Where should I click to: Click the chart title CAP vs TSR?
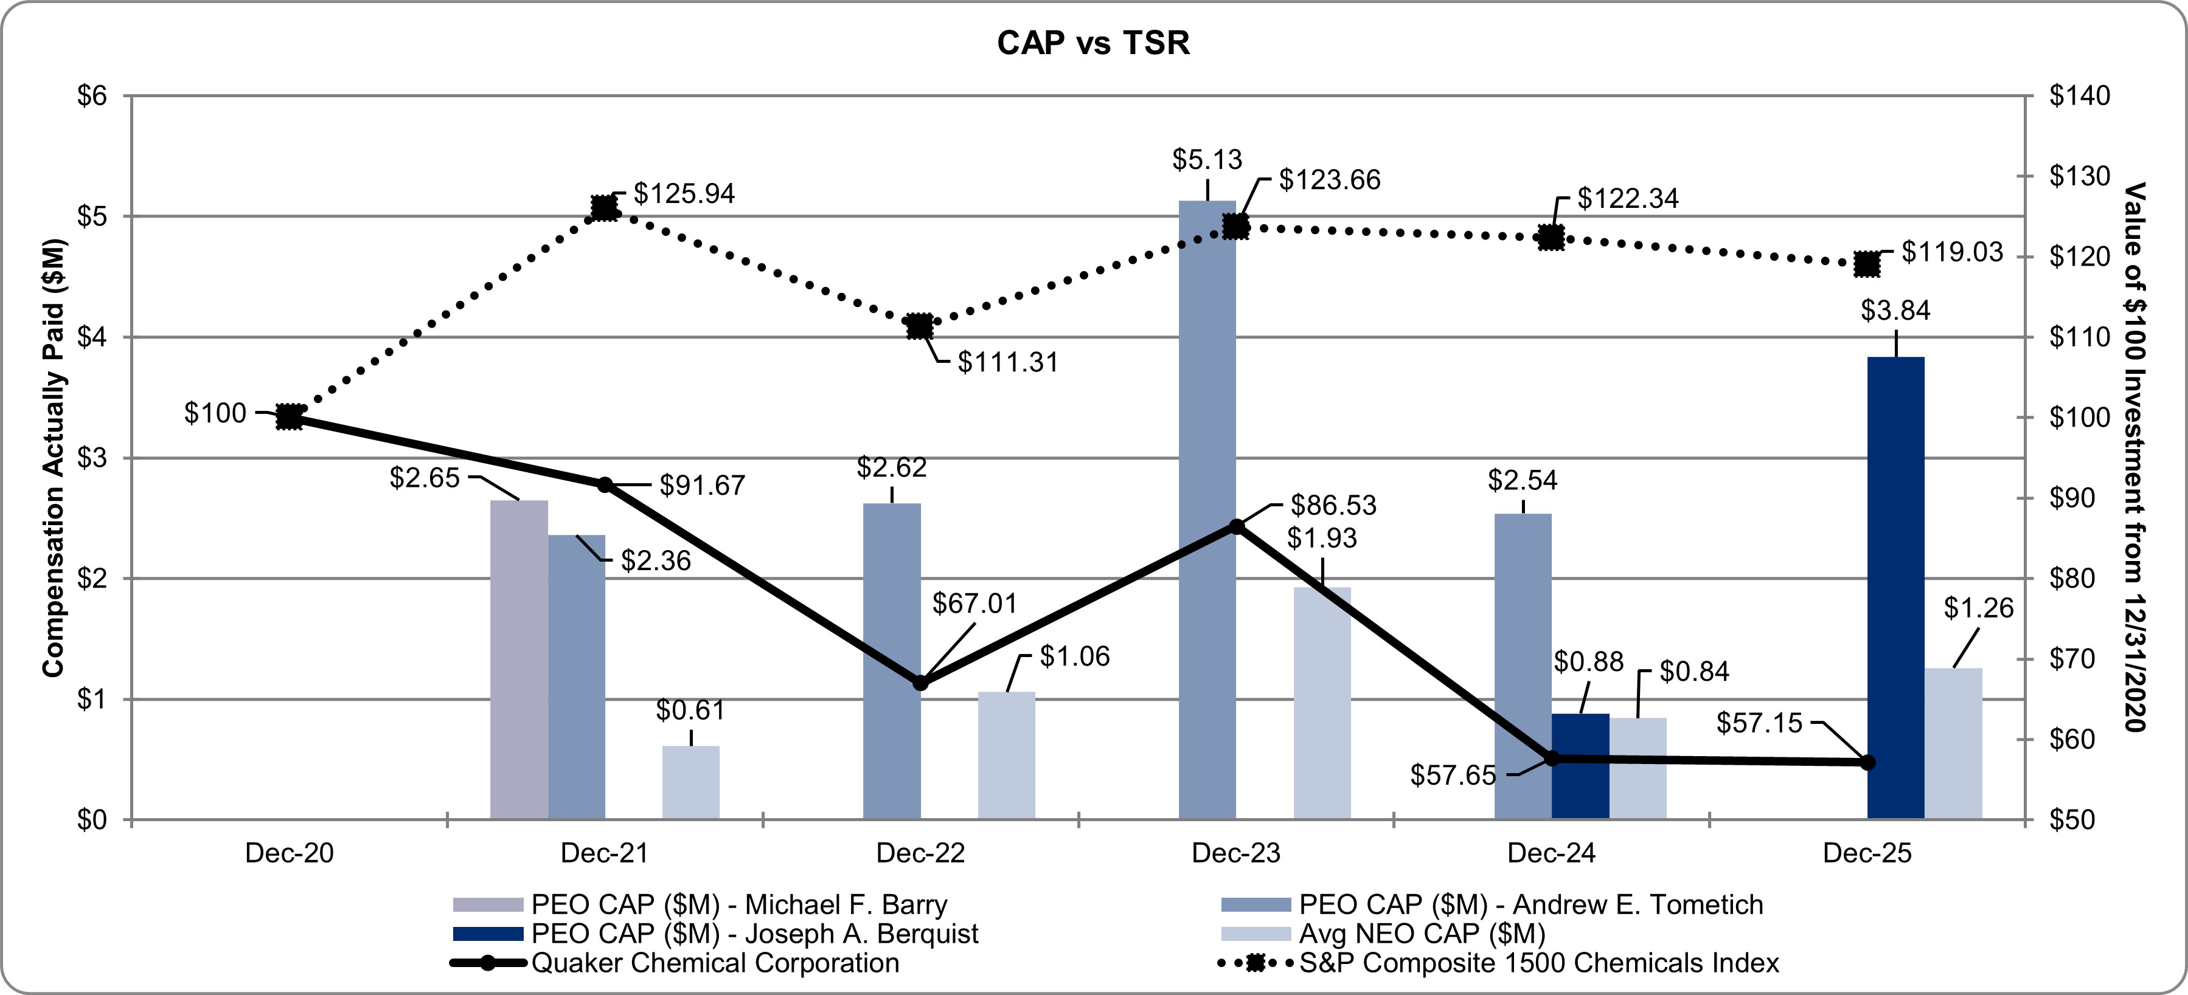point(1093,43)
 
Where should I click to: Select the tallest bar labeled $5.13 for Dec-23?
point(1207,509)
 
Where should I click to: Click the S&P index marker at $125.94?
point(604,208)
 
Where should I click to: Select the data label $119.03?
point(1952,252)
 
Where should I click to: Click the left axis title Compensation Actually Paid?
point(54,458)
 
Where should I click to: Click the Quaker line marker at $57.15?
point(1867,762)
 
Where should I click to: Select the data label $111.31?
point(1008,362)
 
